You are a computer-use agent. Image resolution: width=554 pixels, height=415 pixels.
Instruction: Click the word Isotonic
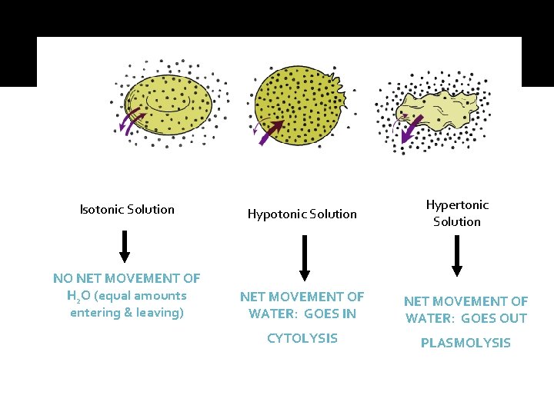pos(104,209)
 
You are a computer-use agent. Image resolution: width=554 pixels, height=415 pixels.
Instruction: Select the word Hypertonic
pos(457,204)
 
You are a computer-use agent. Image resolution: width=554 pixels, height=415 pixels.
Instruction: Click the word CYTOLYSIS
pos(302,338)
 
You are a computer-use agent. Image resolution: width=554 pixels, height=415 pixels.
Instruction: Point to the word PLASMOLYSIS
pos(466,343)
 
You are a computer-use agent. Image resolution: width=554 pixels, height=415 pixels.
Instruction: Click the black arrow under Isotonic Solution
pos(125,246)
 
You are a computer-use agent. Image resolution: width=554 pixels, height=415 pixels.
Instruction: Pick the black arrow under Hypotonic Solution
pos(305,257)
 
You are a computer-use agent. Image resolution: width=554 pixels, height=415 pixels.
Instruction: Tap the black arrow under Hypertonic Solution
pos(457,255)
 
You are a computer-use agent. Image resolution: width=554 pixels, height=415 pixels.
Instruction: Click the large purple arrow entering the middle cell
pos(272,132)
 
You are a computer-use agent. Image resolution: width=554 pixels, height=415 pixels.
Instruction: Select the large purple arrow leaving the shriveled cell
pos(411,131)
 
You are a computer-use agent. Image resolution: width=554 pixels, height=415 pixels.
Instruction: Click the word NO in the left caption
pos(62,278)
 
